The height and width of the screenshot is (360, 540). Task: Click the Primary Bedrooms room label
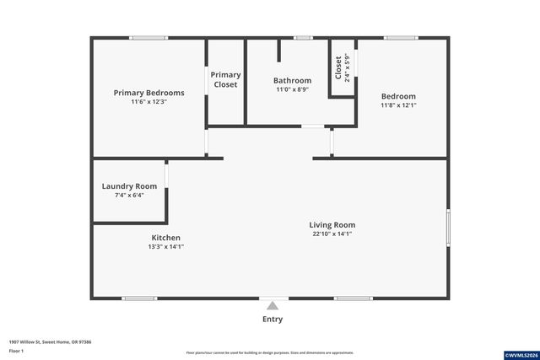pyautogui.click(x=148, y=93)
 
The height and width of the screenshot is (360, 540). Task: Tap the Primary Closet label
pyautogui.click(x=225, y=80)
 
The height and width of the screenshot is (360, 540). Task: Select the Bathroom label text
pyautogui.click(x=292, y=81)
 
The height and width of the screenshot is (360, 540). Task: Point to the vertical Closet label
pyautogui.click(x=338, y=67)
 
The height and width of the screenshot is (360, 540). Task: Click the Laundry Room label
pyautogui.click(x=129, y=186)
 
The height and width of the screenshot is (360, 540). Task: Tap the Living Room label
pyautogui.click(x=332, y=225)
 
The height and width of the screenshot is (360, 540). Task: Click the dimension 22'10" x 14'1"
pyautogui.click(x=332, y=234)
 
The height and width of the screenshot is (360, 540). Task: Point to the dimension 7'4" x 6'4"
pyautogui.click(x=129, y=195)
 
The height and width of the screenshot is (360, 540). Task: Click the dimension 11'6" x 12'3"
pyautogui.click(x=148, y=102)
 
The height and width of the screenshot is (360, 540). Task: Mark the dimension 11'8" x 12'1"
pyautogui.click(x=398, y=105)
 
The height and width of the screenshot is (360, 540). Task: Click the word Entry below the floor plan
pyautogui.click(x=273, y=320)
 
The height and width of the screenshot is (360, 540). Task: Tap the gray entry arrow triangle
pyautogui.click(x=273, y=306)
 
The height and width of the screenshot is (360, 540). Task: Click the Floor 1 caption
pyautogui.click(x=16, y=351)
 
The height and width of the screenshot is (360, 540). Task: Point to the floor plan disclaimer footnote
pyautogui.click(x=270, y=352)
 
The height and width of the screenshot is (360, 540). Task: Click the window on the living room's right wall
pyautogui.click(x=448, y=228)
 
